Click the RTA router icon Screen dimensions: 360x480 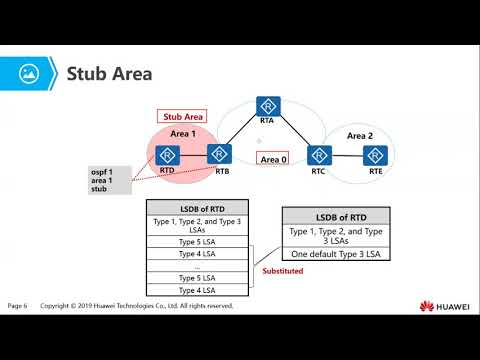coord(266,106)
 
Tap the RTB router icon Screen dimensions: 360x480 coord(220,155)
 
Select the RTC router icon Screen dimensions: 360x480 coord(319,155)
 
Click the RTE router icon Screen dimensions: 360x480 coord(375,155)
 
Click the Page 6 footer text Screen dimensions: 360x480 coord(18,304)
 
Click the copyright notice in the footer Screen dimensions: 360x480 coord(137,304)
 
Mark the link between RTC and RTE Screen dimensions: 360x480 coord(347,155)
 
